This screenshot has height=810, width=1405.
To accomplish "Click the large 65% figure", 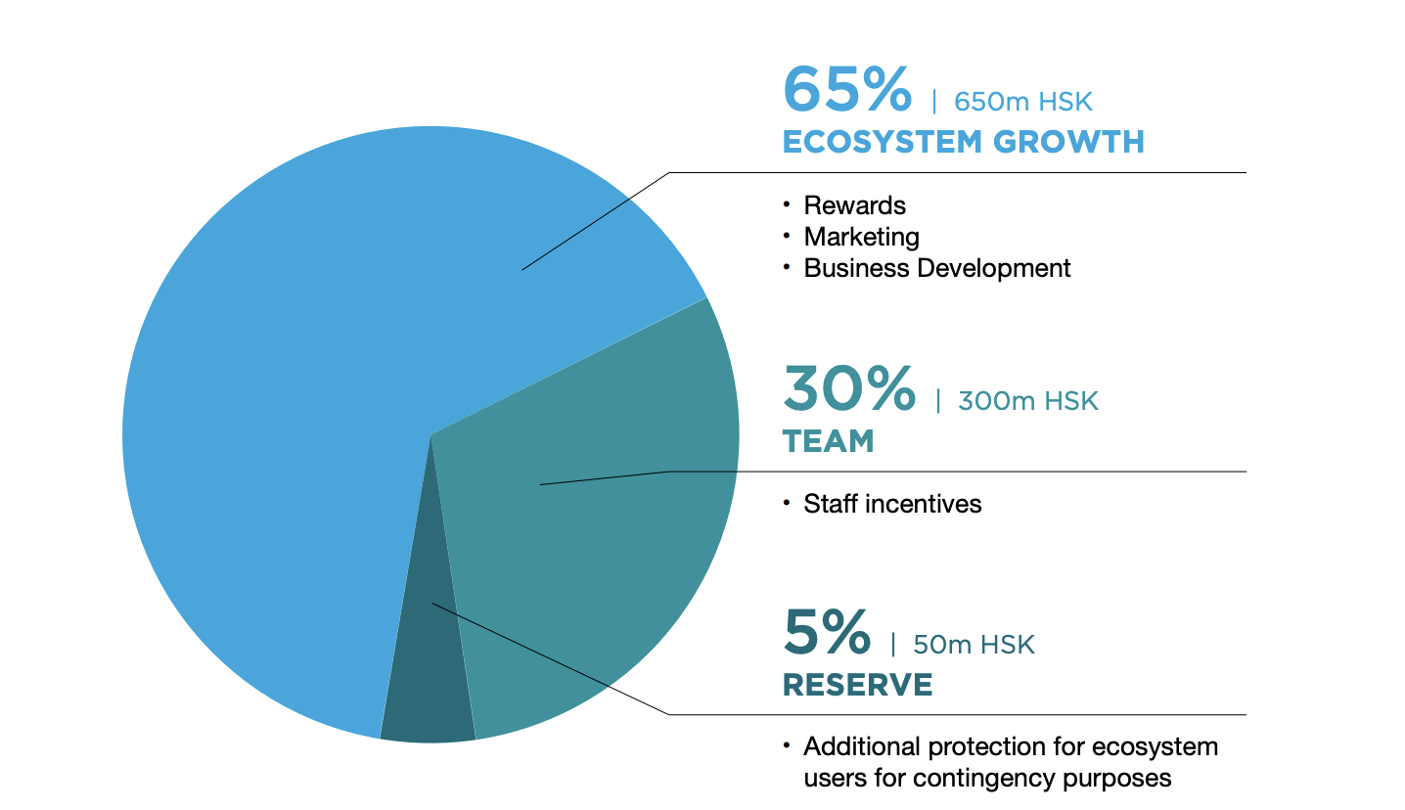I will click(x=847, y=90).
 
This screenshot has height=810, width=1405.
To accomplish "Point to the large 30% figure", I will click(x=849, y=388).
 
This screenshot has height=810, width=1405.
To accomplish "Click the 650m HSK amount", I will click(x=1022, y=102).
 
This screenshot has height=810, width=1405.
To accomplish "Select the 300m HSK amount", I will click(x=1028, y=401).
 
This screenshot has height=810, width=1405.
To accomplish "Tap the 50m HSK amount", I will click(x=974, y=645).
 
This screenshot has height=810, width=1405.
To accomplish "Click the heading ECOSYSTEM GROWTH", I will click(x=963, y=142).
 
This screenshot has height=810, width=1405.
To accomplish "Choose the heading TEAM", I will click(x=828, y=441).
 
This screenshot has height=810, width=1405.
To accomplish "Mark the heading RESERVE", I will click(x=857, y=685).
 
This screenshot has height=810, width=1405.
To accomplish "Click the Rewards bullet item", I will click(x=854, y=205).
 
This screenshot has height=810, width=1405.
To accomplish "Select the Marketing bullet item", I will click(x=861, y=237).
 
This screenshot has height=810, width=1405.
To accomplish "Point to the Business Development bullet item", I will click(x=936, y=268).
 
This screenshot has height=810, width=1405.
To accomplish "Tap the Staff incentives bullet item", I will click(x=892, y=504).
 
